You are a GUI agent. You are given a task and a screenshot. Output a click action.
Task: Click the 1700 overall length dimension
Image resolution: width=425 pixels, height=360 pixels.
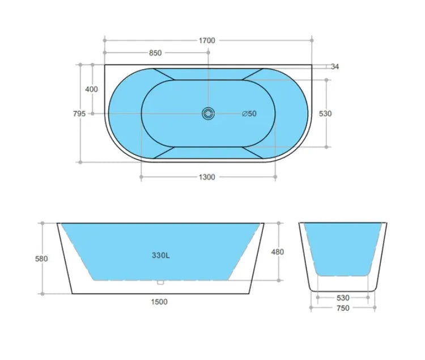(207, 40)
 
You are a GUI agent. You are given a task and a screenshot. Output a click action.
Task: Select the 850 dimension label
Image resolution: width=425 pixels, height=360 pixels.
(155, 53)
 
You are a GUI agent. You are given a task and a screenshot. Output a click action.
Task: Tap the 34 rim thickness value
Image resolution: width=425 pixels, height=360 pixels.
(335, 66)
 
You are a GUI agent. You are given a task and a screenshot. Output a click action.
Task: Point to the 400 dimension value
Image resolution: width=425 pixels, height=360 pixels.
(91, 89)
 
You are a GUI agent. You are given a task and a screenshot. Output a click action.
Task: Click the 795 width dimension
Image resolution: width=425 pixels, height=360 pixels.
(79, 113)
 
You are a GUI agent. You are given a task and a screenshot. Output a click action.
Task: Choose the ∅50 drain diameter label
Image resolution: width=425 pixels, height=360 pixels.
(249, 113)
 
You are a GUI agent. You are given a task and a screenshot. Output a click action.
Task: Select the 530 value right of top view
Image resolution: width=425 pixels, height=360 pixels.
(325, 113)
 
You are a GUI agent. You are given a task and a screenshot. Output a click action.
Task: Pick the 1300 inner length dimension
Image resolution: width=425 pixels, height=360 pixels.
(207, 177)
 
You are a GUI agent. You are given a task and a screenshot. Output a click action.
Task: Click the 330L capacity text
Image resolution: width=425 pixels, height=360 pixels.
(160, 255)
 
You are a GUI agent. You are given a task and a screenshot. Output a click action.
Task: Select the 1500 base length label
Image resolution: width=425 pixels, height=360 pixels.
(160, 302)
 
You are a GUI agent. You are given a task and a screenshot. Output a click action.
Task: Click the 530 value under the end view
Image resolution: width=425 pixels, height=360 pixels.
(343, 297)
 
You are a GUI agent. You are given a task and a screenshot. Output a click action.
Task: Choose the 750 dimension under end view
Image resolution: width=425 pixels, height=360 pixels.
(343, 308)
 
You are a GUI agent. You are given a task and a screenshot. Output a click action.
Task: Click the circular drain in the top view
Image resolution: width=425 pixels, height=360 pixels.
(208, 113)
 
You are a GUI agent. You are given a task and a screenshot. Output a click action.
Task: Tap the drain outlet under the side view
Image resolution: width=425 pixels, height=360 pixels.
(160, 282)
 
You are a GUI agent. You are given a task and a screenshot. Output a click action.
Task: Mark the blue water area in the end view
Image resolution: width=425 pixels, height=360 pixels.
(343, 247)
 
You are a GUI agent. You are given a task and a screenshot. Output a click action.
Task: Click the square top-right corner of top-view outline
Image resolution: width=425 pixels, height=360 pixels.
(311, 65)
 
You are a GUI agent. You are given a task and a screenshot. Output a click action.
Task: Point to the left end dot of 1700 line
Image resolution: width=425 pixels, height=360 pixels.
(105, 40)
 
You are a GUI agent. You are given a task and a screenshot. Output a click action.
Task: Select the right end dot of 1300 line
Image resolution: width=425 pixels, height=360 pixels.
(275, 177)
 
